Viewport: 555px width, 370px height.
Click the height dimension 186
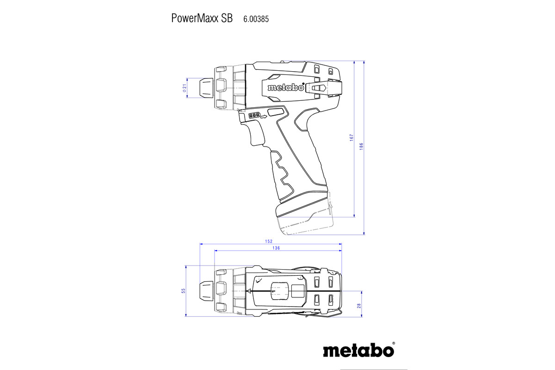point(362,145)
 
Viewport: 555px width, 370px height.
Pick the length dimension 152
point(269,241)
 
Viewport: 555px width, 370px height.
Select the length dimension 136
point(277,248)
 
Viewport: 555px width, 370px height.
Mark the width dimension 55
point(183,290)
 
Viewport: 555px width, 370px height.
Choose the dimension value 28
point(359,305)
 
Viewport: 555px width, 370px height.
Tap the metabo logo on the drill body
point(285,87)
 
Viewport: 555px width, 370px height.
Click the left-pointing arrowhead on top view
point(249,291)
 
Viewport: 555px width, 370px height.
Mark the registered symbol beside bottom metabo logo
point(394,344)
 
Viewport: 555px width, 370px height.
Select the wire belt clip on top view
point(324,315)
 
